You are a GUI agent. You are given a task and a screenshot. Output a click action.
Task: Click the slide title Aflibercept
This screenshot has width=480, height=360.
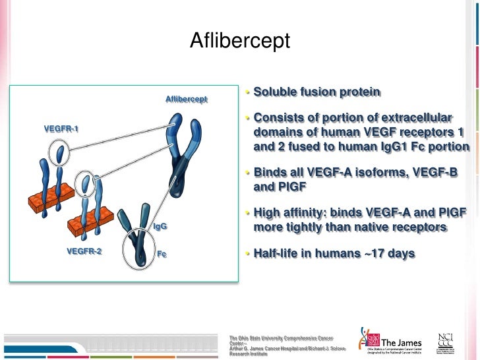pos(240,41)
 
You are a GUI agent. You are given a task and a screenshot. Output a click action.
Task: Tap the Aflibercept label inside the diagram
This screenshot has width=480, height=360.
pos(186,100)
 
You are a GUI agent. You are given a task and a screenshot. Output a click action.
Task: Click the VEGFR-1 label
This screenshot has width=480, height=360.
pos(61,128)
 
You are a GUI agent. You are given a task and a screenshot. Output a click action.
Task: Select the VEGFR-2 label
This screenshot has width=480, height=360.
pos(84,251)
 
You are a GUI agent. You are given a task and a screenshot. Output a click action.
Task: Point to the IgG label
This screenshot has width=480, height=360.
pos(160,226)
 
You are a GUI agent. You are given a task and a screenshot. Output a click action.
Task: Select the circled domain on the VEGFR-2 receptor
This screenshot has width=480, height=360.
pos(84,181)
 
